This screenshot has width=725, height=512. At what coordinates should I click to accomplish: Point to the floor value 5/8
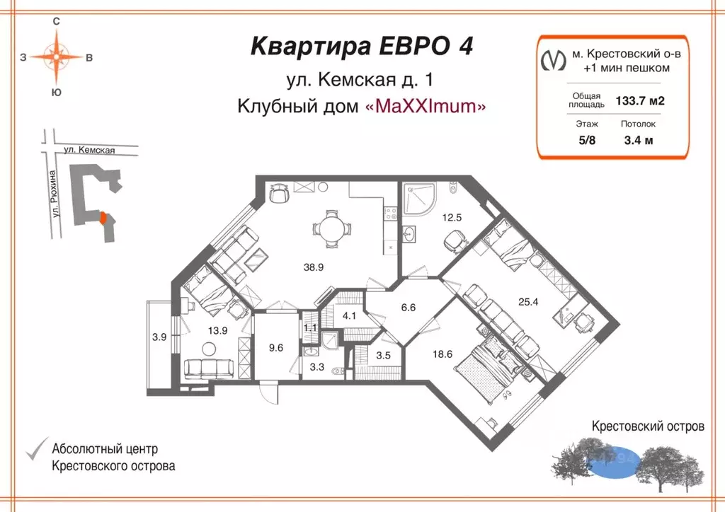click(587, 139)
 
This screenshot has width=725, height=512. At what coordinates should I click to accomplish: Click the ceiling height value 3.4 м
click(638, 139)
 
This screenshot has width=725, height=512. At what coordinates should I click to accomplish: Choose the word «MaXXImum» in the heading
click(425, 106)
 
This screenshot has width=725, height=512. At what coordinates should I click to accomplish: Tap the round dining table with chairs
click(331, 228)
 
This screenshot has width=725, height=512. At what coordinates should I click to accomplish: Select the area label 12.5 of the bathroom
click(452, 217)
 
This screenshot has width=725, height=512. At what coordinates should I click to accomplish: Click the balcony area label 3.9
click(159, 337)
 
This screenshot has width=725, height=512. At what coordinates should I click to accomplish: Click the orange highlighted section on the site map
click(104, 219)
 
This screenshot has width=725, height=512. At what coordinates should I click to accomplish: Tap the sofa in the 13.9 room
click(209, 368)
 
